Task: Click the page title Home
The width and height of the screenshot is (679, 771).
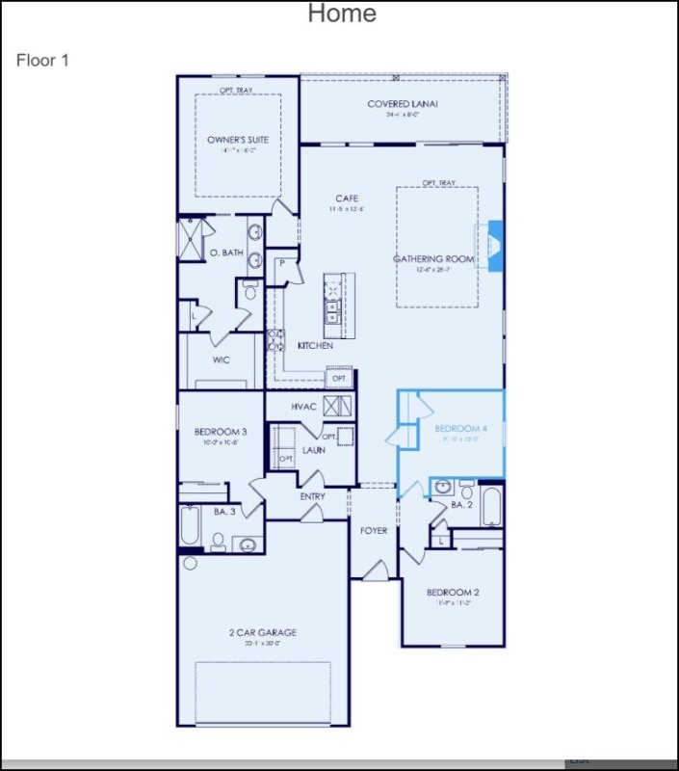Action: pos(342,13)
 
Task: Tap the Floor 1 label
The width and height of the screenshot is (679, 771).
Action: pos(42,60)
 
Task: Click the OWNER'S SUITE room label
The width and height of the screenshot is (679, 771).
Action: pos(238,140)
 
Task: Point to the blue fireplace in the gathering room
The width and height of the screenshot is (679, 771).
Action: pos(496,246)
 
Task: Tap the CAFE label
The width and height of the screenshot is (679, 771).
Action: pos(347,199)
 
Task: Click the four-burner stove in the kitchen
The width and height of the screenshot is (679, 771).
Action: pos(275,338)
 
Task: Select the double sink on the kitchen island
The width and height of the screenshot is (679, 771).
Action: pos(331,309)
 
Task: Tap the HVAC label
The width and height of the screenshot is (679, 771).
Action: pos(304,407)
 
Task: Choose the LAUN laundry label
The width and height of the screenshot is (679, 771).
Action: pos(313,449)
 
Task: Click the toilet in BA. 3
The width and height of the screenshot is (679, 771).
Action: pos(218,542)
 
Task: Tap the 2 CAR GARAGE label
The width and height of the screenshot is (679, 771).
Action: pos(262,632)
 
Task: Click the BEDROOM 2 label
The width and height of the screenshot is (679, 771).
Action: pos(453,592)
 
